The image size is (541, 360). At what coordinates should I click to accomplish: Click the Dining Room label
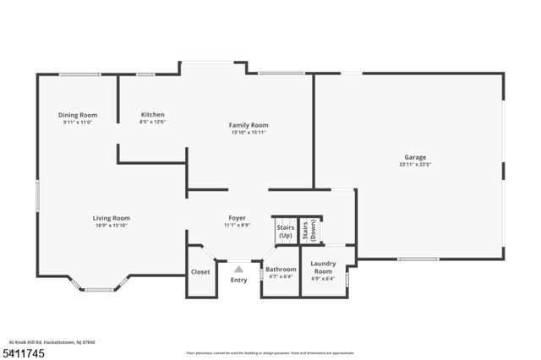pos(78,115)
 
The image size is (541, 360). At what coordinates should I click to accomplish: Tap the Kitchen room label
pos(153,115)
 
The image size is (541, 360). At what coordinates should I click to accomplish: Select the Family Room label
pos(249,125)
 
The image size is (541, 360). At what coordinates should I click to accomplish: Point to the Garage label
pos(414,157)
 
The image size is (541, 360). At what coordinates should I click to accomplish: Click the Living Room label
pos(112,218)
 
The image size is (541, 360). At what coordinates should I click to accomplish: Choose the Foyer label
pos(237,218)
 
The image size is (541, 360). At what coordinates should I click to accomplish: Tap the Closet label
pos(200,272)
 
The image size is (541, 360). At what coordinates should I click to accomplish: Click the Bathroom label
pos(281,270)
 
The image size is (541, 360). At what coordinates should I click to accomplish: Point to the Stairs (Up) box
pos(285,231)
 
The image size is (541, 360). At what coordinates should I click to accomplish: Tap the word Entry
pos(239,280)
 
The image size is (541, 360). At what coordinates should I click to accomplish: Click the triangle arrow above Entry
pos(239,270)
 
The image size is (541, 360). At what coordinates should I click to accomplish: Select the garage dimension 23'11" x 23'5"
pos(414,165)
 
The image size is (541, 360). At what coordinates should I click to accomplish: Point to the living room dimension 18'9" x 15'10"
pos(112,226)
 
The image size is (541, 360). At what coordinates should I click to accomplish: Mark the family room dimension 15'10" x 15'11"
pos(249,133)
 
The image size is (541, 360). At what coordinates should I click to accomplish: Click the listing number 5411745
pos(23,352)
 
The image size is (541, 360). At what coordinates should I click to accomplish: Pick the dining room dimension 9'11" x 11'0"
pos(78,123)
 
